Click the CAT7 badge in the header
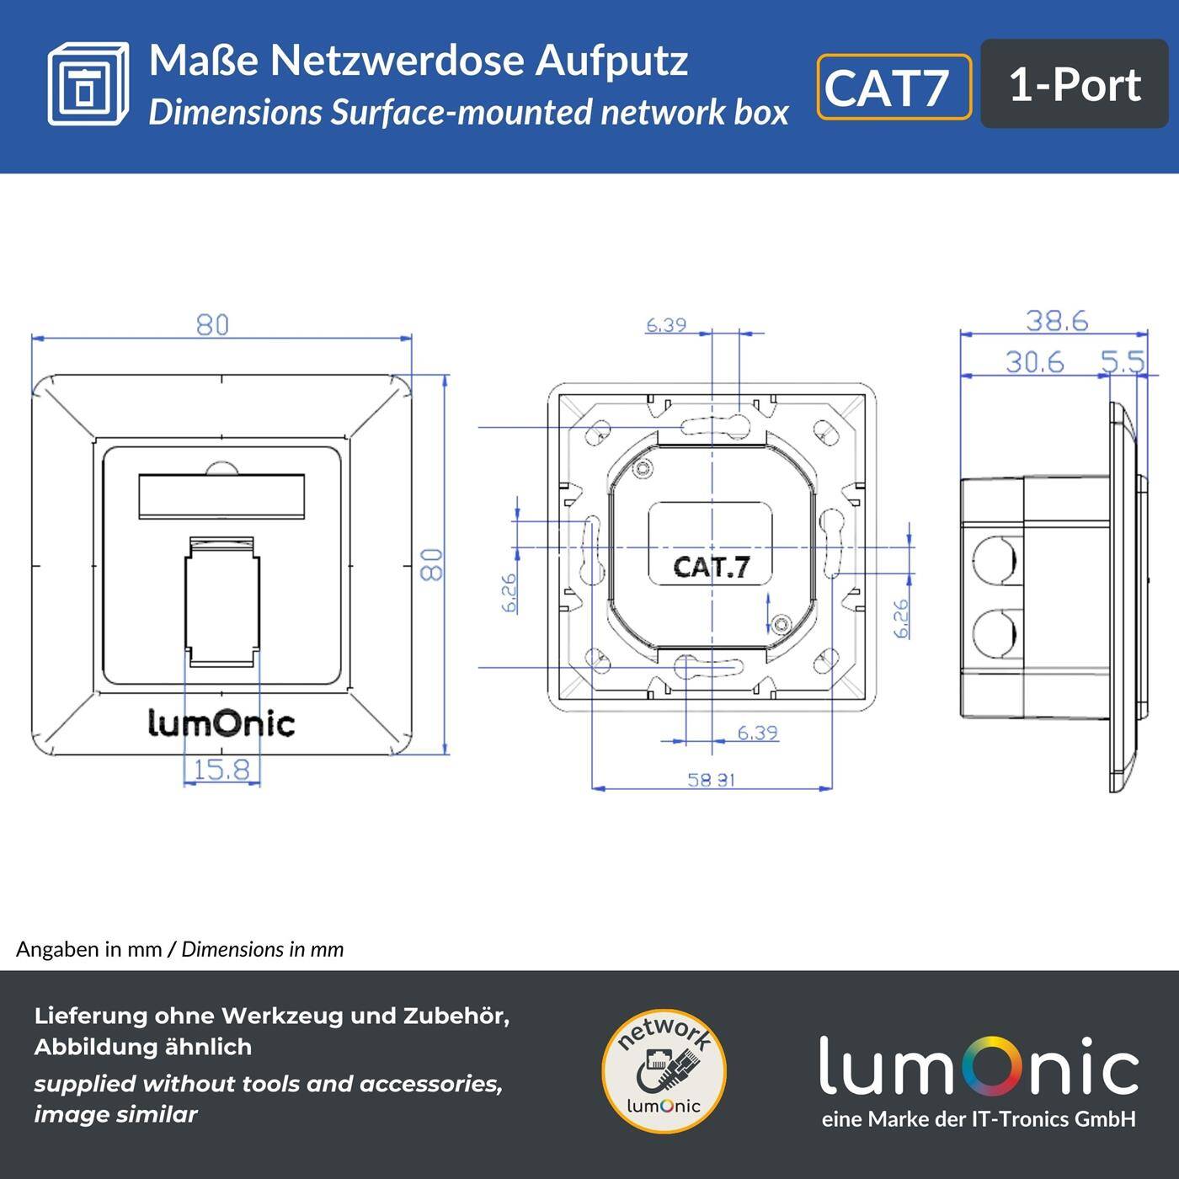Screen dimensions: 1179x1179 894,87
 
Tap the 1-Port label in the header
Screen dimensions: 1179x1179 1074,85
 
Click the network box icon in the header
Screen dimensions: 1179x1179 88,84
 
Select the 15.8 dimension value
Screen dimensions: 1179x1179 221,770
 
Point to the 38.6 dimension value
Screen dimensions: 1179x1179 1057,321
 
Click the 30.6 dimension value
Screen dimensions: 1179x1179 1034,362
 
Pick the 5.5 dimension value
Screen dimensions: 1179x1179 1123,362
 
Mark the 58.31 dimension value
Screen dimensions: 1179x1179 712,780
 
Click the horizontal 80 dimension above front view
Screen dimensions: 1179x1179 212,324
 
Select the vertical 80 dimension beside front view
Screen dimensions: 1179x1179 431,564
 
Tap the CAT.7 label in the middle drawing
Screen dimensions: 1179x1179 711,567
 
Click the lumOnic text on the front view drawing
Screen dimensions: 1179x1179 221,723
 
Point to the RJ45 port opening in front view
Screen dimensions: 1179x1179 221,600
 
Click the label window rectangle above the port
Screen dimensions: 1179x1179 221,494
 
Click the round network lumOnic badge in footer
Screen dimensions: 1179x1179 664,1071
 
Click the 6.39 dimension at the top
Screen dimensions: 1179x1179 665,325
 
